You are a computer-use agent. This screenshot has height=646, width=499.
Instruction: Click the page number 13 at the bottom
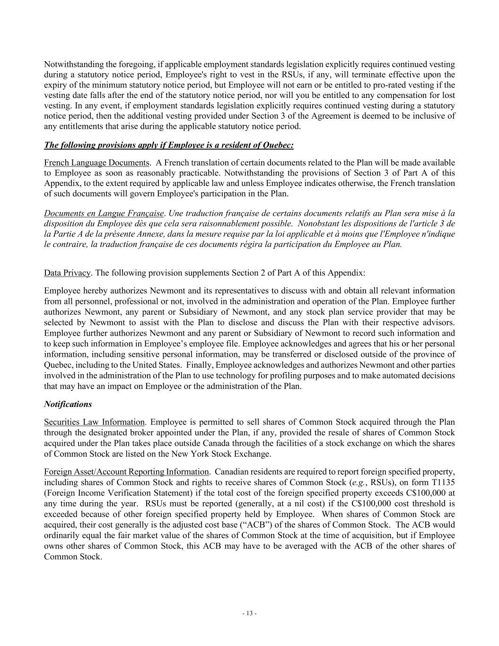249,613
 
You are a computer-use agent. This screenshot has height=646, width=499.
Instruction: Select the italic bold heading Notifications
68,404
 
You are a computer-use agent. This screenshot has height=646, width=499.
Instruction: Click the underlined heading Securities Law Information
94,422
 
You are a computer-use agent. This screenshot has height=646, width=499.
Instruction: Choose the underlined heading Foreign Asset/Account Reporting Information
126,471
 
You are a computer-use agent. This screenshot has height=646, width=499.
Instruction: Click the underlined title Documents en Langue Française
104,213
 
